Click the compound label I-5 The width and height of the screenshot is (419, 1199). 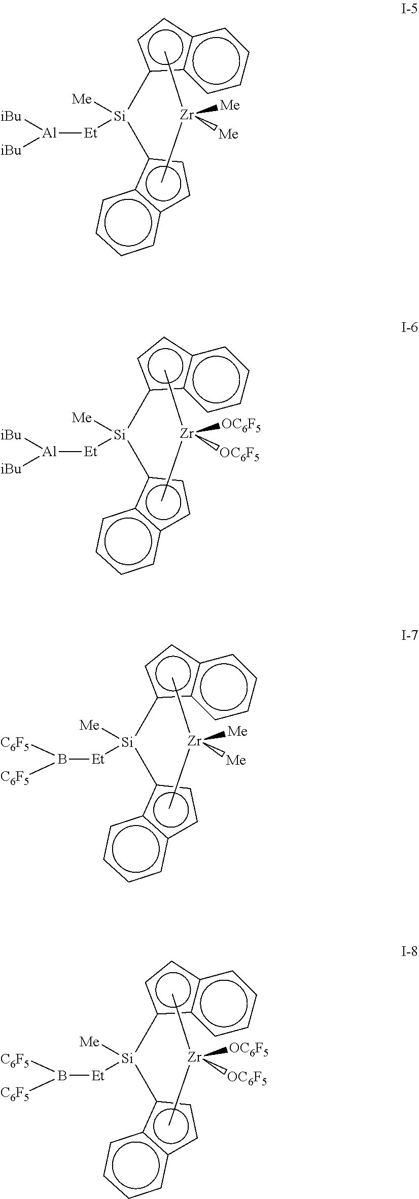[408, 11]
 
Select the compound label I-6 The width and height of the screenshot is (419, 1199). [408, 328]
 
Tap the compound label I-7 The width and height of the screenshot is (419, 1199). [408, 635]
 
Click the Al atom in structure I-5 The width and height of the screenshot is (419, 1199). [50, 133]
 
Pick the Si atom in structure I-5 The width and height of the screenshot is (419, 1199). [120, 117]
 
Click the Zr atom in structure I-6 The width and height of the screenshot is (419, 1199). [187, 434]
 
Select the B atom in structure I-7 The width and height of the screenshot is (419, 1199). [62, 760]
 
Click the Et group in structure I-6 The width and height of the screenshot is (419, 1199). [90, 451]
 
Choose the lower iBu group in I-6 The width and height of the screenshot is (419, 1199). [12, 469]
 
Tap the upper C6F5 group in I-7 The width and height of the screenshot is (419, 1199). [15, 744]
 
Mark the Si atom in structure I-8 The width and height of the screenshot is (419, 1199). [127, 1058]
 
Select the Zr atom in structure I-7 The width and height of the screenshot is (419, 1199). [195, 741]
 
